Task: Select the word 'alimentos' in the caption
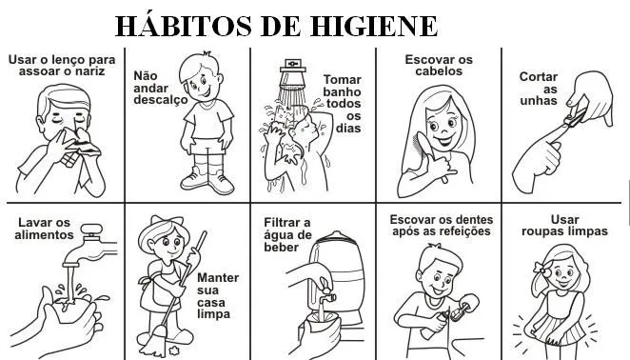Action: [x=44, y=234]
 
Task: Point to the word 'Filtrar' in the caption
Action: [x=286, y=222]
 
